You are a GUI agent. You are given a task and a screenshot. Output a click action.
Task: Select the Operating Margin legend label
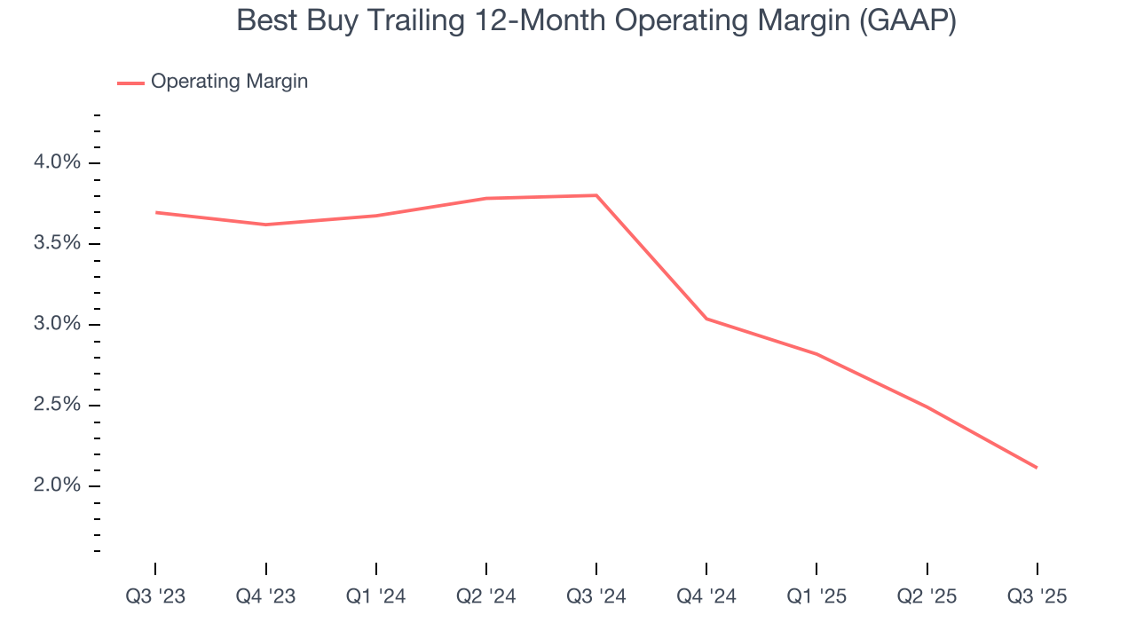point(229,82)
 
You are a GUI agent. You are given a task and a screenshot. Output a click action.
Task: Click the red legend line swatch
point(130,83)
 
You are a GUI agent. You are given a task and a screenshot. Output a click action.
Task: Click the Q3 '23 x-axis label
point(155,596)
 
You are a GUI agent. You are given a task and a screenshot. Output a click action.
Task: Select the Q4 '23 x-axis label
point(265,596)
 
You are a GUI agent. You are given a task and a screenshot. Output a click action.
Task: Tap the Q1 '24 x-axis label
point(376,596)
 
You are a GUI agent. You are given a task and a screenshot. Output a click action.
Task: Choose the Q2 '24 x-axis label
point(486,596)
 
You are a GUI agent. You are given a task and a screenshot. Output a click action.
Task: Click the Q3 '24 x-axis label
point(596,596)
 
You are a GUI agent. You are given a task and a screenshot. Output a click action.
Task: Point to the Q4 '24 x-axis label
point(706,596)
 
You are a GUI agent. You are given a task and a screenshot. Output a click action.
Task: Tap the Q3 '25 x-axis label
point(1037,596)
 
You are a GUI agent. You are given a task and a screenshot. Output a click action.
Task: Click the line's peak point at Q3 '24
point(596,195)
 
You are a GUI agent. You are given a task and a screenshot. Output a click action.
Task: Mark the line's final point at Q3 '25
point(1037,468)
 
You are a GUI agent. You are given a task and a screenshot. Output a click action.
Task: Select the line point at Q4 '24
point(706,319)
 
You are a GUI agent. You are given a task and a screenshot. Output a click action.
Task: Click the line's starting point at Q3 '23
point(155,212)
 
